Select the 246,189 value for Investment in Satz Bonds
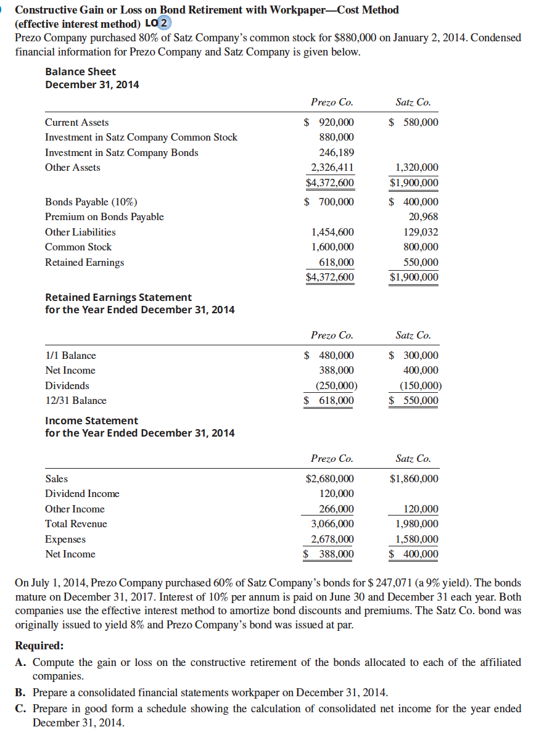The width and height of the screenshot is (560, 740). (336, 152)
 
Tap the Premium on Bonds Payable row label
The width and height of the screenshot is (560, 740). (104, 216)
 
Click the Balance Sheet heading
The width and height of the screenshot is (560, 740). (80, 72)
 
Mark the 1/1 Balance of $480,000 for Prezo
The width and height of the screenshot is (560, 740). (331, 355)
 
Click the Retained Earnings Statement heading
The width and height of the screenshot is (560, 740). (118, 297)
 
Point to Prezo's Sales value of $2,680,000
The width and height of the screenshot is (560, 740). (330, 479)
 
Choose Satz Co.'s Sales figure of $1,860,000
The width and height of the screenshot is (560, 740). (414, 479)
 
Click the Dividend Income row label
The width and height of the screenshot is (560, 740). (82, 493)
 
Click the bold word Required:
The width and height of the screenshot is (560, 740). (39, 646)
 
